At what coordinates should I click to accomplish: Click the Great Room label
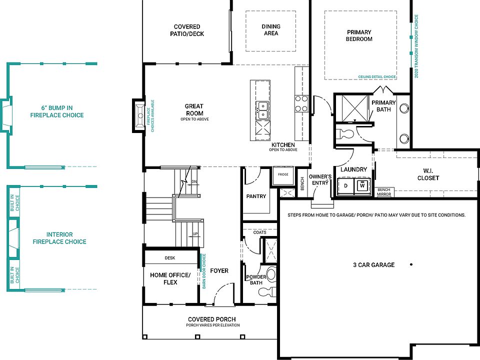194,109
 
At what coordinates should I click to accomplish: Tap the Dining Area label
271,29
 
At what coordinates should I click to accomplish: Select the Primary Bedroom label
359,35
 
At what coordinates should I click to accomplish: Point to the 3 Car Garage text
374,265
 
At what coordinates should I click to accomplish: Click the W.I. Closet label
428,174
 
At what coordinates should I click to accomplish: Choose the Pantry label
256,196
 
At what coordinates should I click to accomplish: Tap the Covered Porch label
212,319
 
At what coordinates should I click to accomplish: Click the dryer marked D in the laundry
346,185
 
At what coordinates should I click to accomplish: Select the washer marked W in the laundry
362,185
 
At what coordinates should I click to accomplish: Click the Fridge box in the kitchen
283,175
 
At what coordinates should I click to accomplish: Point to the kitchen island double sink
262,110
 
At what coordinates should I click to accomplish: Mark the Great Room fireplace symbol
140,115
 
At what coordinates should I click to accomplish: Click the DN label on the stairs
194,181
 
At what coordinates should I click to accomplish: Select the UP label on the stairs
195,234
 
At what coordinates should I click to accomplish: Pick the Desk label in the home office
170,258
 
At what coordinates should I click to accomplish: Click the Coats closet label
259,232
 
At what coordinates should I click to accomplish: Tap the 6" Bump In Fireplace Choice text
57,111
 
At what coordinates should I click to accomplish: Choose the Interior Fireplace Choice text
59,238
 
